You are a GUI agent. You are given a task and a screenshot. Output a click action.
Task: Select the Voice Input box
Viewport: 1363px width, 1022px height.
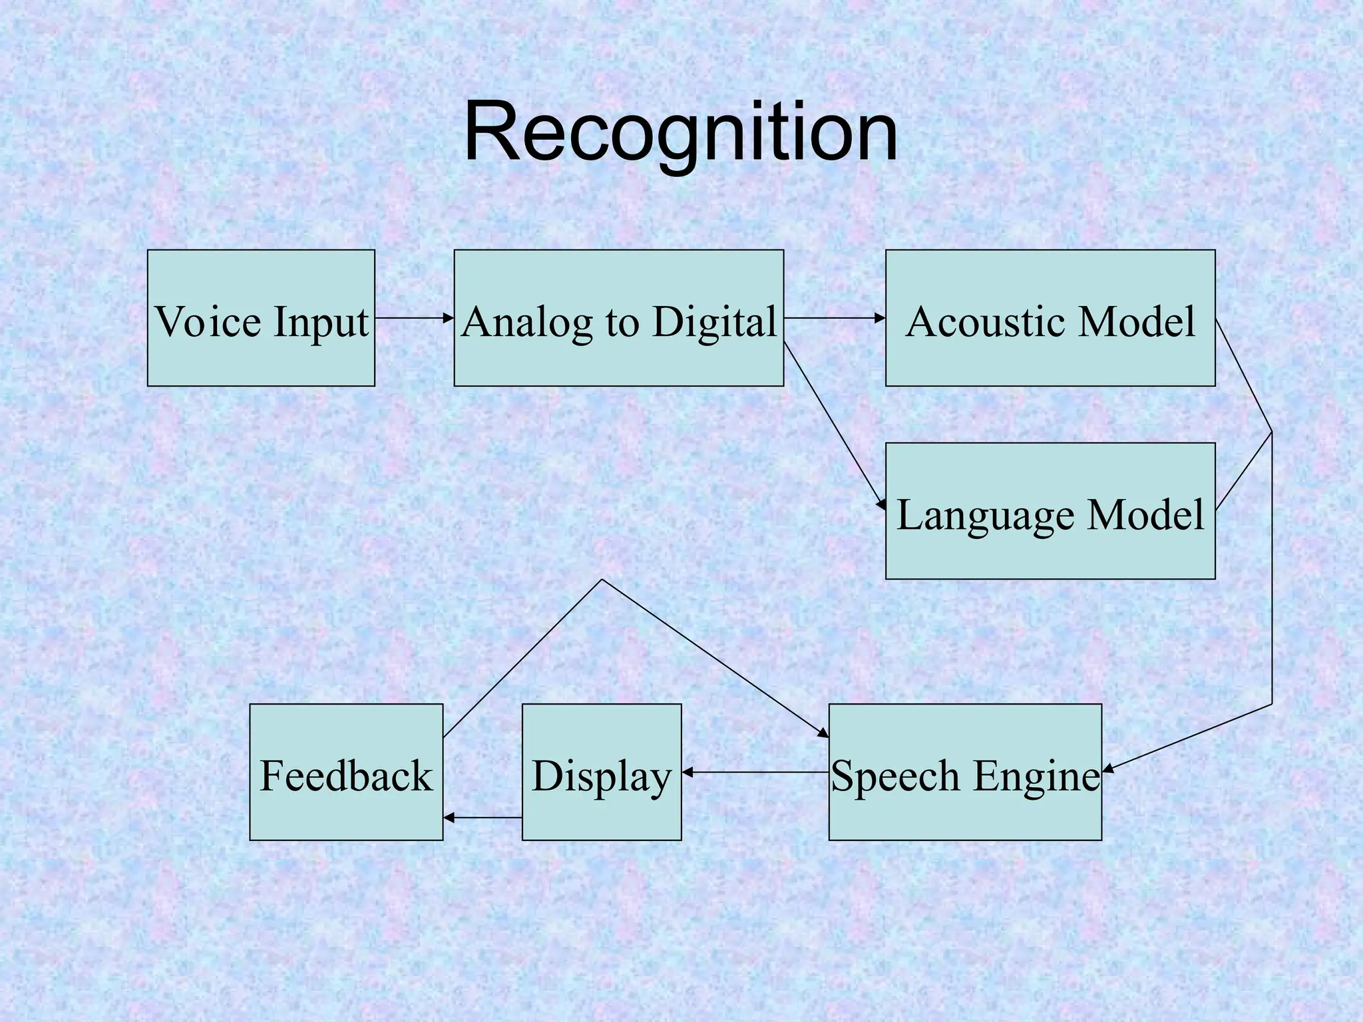click(261, 318)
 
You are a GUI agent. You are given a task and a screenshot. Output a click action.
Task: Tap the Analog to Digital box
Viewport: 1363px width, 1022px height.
click(618, 318)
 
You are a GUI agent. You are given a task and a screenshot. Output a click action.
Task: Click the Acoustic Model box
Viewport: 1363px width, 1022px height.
click(1050, 318)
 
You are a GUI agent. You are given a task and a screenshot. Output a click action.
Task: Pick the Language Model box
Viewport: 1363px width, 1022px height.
click(1050, 511)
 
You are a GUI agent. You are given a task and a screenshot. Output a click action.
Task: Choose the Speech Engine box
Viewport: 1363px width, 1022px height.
click(964, 772)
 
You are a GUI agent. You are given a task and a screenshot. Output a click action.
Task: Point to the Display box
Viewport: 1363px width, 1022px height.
click(602, 772)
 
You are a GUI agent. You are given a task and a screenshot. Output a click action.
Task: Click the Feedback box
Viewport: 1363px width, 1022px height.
click(346, 772)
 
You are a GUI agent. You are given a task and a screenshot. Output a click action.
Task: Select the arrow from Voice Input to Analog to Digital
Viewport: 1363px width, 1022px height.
click(414, 318)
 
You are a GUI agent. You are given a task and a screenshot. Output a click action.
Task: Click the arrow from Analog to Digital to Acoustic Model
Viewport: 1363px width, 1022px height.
click(834, 318)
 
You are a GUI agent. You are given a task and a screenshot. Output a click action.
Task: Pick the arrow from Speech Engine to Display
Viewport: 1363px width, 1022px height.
click(755, 772)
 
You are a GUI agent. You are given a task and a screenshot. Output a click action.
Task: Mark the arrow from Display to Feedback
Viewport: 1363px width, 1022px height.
click(483, 818)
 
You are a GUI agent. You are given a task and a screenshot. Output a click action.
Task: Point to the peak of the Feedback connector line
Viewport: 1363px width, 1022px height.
click(602, 580)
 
